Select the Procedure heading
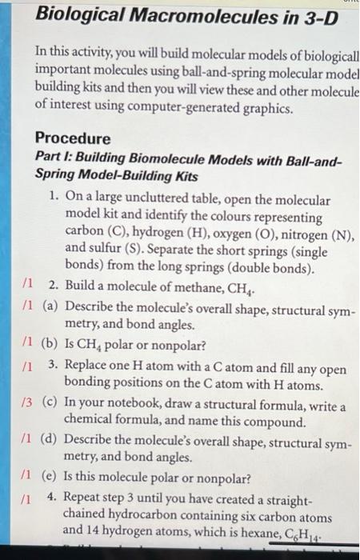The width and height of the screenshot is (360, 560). pyautogui.click(x=74, y=138)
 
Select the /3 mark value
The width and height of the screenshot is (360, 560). pyautogui.click(x=29, y=402)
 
